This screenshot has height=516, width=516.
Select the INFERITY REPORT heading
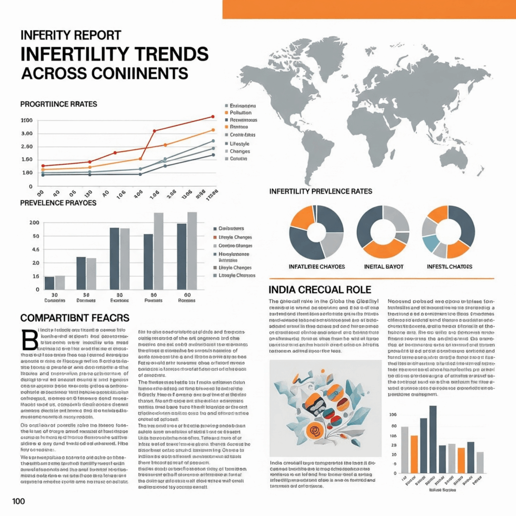tap(71, 35)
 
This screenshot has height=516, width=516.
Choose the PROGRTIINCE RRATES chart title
tap(58, 104)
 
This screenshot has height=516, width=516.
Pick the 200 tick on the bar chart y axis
tap(34, 223)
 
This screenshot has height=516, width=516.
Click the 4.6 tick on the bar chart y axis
tap(35, 249)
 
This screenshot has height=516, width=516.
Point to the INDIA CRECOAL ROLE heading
tap(320, 290)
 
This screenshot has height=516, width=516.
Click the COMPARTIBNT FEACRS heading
tap(75, 318)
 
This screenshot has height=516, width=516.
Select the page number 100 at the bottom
tap(19, 501)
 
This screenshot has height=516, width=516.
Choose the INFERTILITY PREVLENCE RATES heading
tap(321, 191)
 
